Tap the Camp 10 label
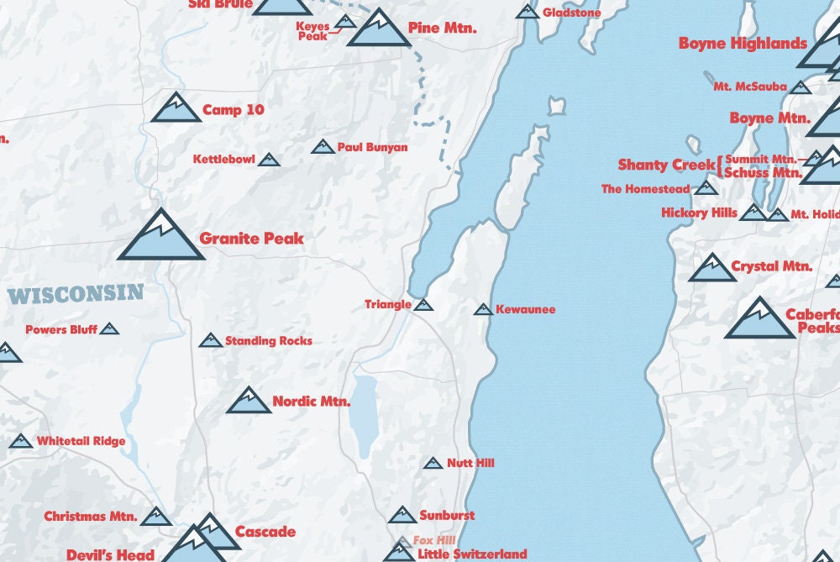(234, 110)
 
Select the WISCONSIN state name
(76, 295)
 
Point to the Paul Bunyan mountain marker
(323, 147)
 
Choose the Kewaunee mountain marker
(483, 310)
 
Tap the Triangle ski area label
(388, 304)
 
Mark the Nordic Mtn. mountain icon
(249, 402)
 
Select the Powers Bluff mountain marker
(109, 329)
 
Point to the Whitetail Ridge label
(81, 441)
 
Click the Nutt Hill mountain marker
(433, 463)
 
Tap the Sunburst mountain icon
(402, 515)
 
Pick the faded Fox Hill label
(433, 540)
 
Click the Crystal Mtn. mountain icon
(712, 269)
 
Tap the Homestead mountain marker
(706, 188)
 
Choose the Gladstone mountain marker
(528, 12)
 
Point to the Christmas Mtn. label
(91, 516)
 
